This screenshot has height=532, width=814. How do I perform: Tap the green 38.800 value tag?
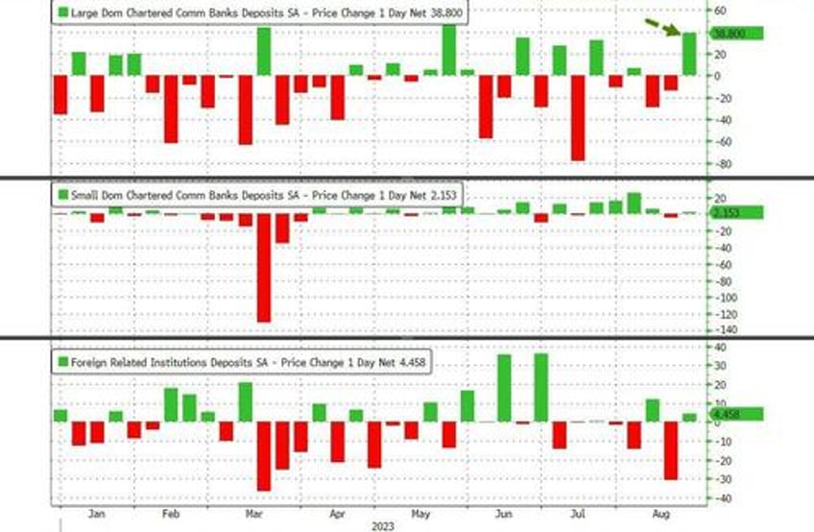(735, 33)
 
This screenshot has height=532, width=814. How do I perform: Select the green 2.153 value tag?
(735, 212)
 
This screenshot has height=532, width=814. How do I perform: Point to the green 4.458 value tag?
(735, 415)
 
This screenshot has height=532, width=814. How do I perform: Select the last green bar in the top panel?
(689, 54)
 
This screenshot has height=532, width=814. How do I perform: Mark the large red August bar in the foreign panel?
(671, 450)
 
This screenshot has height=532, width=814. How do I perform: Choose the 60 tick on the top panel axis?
(719, 11)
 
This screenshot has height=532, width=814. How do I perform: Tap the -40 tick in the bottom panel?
(721, 496)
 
